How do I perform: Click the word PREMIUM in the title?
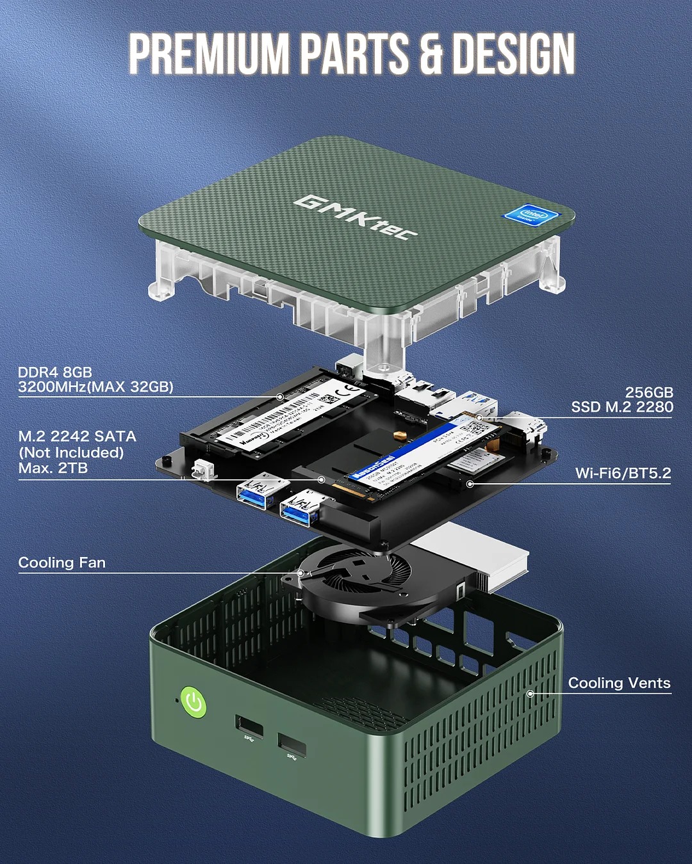coord(208,54)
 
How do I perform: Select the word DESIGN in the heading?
coord(513,54)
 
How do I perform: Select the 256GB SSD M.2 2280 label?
coord(622,399)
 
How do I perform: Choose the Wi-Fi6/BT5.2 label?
coord(623,473)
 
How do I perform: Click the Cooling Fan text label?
coord(62,563)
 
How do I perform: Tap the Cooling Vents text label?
coord(619,683)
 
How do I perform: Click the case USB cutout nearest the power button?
coord(249,727)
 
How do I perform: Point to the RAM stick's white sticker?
coord(288,410)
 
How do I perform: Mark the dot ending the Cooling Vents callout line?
coord(530,693)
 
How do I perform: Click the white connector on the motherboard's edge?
coord(202,469)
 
